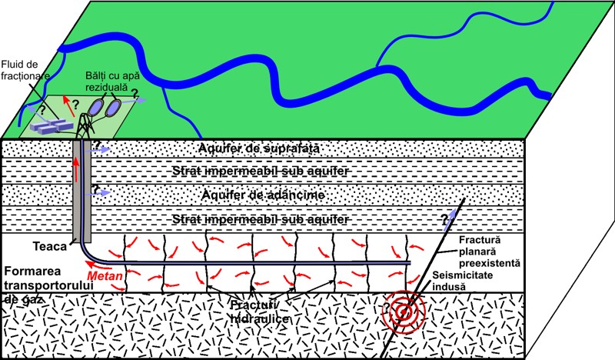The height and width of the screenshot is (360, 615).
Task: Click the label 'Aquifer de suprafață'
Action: point(259,148)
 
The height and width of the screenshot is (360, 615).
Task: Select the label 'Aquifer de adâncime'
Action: point(263,195)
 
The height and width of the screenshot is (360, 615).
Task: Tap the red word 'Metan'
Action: point(105,276)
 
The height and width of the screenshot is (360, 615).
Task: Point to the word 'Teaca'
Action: point(50,247)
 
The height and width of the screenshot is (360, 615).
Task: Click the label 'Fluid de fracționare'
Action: point(25,70)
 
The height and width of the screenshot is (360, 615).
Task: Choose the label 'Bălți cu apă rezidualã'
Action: point(112,81)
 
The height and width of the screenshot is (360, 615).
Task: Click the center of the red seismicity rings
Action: point(403,312)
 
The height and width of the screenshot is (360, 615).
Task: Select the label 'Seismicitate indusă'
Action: point(463,281)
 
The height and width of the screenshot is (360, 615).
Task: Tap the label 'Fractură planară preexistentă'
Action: point(490,252)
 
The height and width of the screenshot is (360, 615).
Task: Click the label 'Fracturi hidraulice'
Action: point(259,312)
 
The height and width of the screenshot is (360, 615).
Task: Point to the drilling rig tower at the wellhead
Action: point(85,125)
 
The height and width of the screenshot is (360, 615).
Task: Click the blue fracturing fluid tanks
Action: point(52,125)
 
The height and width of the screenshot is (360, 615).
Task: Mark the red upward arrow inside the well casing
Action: point(76,168)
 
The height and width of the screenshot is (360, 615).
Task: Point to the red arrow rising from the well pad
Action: point(69,105)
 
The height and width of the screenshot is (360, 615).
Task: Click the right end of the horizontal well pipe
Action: point(410,262)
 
